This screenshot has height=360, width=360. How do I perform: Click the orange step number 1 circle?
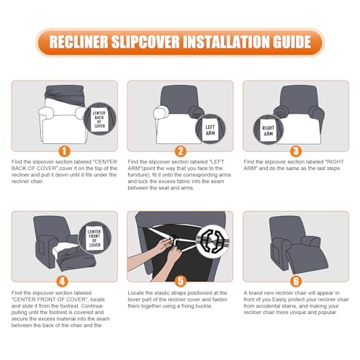(64, 151)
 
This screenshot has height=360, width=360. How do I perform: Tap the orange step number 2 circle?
(181, 151)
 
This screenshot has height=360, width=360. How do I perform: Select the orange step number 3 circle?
(296, 151)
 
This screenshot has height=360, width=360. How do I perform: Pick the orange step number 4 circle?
(62, 282)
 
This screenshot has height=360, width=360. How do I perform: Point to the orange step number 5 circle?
(181, 282)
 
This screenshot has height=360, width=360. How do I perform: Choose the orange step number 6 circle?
(296, 282)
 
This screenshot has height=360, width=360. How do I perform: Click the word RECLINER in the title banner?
(78, 42)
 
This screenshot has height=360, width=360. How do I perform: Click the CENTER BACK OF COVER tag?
(99, 120)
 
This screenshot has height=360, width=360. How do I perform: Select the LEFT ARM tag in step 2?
(210, 130)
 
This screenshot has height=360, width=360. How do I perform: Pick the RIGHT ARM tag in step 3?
(268, 130)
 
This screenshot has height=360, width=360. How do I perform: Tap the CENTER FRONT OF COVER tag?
(94, 238)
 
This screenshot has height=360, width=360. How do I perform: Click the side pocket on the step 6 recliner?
(275, 252)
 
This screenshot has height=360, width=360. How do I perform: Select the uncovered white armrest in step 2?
(161, 112)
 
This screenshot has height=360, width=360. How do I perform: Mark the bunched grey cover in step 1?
(64, 95)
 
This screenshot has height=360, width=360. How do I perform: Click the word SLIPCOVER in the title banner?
(145, 42)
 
